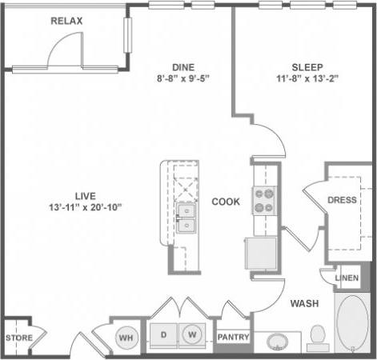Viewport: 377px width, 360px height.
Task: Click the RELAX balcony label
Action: (x=66, y=20)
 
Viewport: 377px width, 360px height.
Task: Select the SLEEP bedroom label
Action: (x=301, y=67)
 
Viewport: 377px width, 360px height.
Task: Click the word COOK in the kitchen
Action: (x=226, y=202)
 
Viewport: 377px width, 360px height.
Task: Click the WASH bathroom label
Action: (x=305, y=303)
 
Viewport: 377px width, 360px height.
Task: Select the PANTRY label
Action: (x=234, y=338)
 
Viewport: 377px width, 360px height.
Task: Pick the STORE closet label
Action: (x=19, y=338)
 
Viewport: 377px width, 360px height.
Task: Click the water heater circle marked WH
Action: (x=125, y=337)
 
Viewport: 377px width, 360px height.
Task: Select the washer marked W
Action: (x=193, y=334)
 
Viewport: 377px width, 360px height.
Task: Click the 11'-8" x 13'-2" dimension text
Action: (x=301, y=79)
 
